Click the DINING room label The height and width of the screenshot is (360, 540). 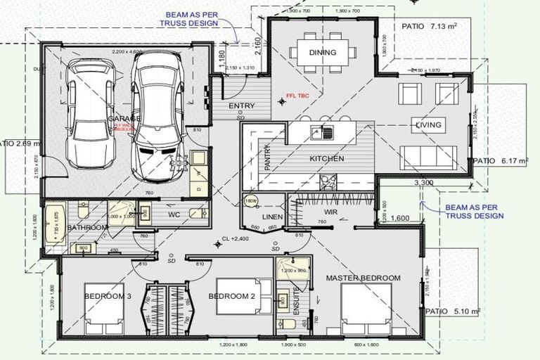click(322, 53)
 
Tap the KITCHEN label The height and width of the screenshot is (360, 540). click(327, 159)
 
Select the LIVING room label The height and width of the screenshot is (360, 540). click(428, 125)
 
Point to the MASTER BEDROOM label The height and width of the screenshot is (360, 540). click(363, 278)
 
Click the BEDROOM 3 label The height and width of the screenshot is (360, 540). click(108, 297)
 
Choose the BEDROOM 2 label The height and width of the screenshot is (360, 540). click(231, 297)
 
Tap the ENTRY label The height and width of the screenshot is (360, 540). click(242, 106)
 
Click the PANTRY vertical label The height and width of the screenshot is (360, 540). click(267, 159)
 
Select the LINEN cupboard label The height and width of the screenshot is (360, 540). click(272, 217)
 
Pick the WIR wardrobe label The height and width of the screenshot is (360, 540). click(332, 211)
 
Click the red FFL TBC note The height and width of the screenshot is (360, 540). click(298, 96)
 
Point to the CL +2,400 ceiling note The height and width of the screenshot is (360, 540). click(237, 238)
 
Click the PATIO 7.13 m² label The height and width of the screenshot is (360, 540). click(429, 26)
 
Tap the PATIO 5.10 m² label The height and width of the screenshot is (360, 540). click(453, 310)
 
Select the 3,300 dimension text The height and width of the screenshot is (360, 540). click(423, 183)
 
